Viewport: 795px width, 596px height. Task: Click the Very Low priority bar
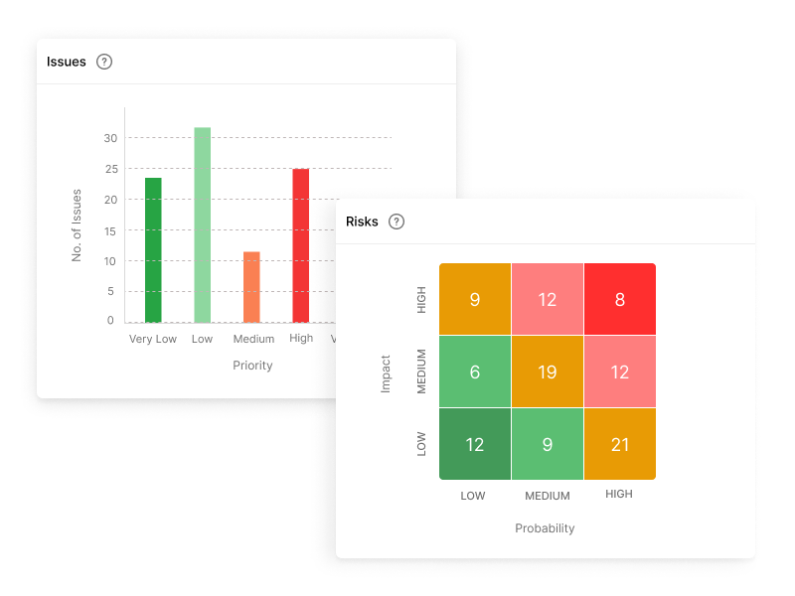(x=153, y=250)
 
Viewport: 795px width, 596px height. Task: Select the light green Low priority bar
(x=202, y=224)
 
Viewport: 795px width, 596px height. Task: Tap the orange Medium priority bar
(x=251, y=287)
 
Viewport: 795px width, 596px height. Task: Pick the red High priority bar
(x=300, y=245)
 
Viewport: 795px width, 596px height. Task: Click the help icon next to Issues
(x=104, y=62)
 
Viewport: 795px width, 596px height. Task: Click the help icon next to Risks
(x=397, y=222)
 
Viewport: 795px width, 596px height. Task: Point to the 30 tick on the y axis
(x=110, y=138)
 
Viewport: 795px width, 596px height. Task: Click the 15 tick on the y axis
(x=110, y=230)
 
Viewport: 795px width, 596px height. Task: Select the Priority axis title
(x=252, y=366)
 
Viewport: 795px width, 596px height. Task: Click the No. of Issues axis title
(x=77, y=225)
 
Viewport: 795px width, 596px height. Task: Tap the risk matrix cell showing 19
(x=548, y=372)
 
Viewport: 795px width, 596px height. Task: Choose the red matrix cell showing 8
(x=620, y=299)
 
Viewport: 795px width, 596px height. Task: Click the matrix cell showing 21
(x=620, y=444)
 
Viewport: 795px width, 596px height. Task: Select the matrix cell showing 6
(x=475, y=372)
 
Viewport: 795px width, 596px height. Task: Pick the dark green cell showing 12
(x=475, y=444)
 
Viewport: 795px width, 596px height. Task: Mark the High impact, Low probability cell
(x=475, y=299)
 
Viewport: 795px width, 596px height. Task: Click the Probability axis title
(x=545, y=528)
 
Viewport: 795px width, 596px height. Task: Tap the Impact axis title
(x=386, y=372)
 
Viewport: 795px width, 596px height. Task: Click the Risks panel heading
(x=362, y=222)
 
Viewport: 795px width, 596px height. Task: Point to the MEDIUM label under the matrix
(x=548, y=496)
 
